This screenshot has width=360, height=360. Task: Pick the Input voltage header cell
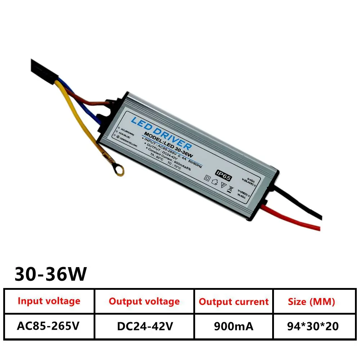pyautogui.click(x=49, y=301)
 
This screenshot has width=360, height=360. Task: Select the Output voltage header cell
pyautogui.click(x=144, y=301)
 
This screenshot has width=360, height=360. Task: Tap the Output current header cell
pyautogui.click(x=234, y=302)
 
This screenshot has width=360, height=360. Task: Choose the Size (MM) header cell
pyautogui.click(x=311, y=302)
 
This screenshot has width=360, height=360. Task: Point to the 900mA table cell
pyautogui.click(x=234, y=326)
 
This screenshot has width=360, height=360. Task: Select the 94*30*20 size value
pyautogui.click(x=312, y=326)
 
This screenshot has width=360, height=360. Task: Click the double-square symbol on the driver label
pyautogui.click(x=207, y=178)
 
